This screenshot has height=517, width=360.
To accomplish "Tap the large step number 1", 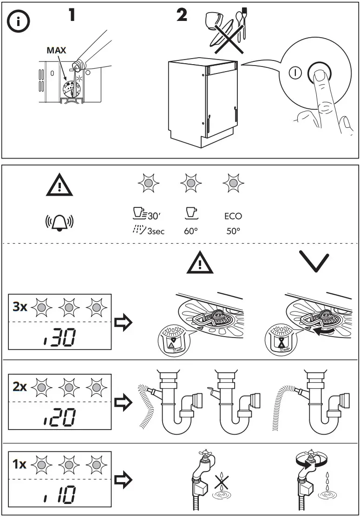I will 72,15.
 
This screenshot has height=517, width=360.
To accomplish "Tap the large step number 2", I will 182,15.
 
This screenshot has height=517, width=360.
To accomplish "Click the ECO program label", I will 233,216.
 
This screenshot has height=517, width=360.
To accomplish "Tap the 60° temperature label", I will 191,231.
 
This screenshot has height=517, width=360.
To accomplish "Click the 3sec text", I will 156,231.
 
